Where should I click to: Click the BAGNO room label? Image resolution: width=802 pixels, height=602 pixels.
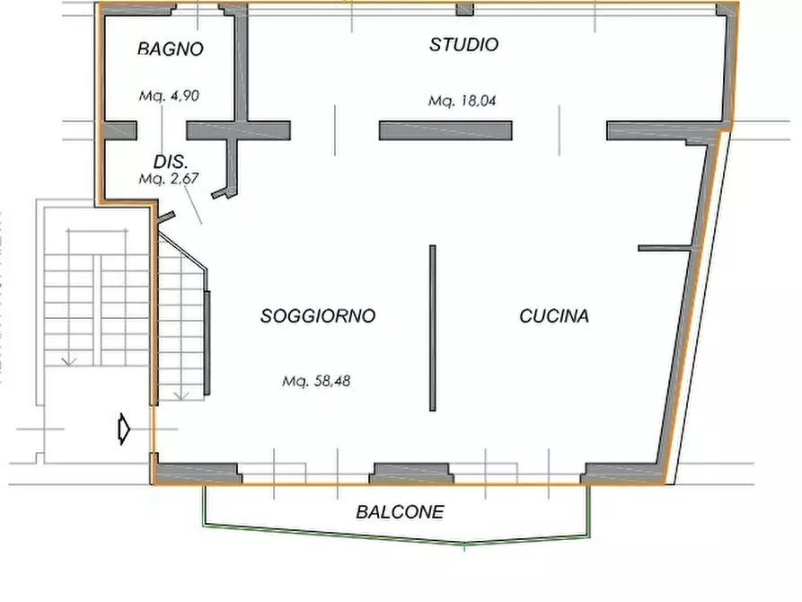171,49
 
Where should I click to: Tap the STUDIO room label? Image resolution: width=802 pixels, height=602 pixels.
463,45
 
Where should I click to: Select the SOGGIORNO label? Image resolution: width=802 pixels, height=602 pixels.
318,316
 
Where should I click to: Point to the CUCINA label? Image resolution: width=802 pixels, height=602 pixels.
554,316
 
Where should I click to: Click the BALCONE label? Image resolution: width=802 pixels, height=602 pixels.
400,513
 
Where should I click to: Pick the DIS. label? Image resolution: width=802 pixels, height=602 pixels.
170,163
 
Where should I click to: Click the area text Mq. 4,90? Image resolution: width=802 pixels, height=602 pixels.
169,96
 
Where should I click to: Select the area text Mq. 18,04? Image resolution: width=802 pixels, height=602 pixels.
463,102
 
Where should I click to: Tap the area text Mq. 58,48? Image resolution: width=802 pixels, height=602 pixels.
316,381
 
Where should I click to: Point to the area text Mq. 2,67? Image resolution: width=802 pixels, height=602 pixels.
168,179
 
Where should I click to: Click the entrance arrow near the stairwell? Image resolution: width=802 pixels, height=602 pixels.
124,429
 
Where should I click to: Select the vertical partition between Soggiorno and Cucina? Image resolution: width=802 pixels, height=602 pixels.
433,328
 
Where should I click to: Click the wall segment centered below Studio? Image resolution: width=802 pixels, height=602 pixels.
445,131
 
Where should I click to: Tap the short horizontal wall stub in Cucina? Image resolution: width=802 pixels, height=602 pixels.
665,247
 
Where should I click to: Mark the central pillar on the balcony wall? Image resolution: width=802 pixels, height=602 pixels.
411,473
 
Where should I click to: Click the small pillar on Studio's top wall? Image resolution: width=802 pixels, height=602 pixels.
464,10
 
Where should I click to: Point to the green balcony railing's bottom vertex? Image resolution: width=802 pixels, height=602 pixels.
463,544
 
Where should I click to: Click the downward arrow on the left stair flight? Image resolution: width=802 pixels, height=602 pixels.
68,359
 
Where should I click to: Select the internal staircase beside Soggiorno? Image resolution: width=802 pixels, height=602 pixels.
182,323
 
